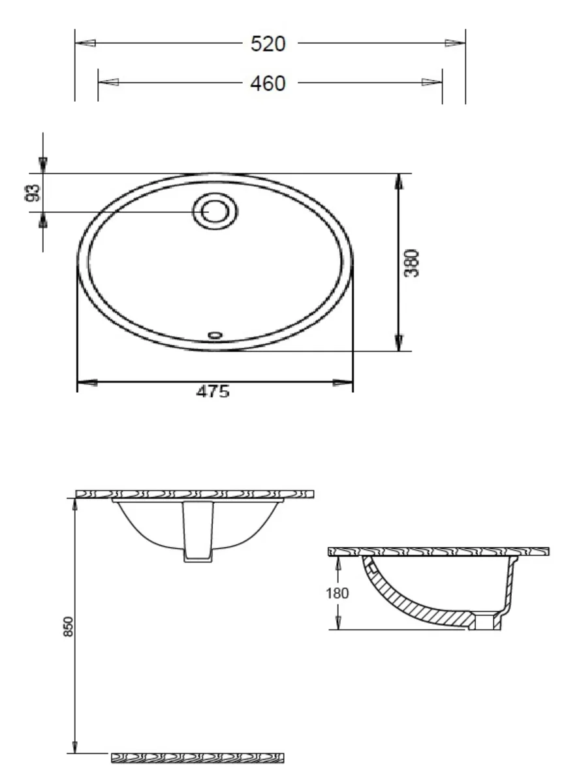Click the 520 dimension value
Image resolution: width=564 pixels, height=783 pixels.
pos(268,44)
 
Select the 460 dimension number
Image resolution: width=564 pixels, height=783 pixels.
pos(268,84)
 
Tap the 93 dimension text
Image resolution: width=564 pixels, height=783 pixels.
pos(33,193)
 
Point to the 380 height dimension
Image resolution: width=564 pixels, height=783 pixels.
pos(411,263)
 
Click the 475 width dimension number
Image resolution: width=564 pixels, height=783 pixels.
pos(213,391)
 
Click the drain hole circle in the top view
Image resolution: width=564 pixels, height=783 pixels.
pos(215,212)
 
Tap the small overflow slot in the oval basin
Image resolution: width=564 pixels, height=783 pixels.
pos(215,335)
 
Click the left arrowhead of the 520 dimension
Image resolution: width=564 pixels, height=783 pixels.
pos(86,43)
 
